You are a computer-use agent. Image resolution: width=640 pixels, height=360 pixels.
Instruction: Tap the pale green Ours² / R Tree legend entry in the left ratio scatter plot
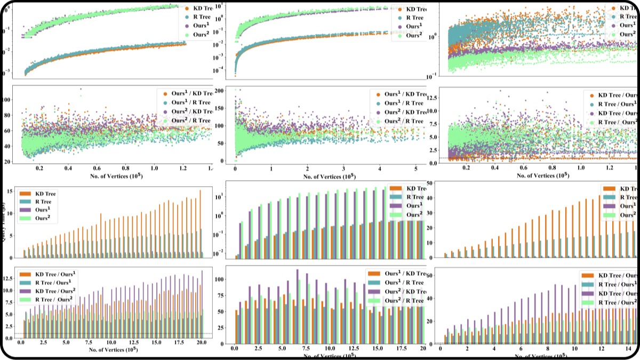click(x=188, y=121)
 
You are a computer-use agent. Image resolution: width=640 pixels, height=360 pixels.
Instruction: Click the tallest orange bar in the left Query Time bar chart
click(x=201, y=224)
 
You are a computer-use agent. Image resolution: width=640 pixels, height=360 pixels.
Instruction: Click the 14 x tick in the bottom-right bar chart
click(x=629, y=348)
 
